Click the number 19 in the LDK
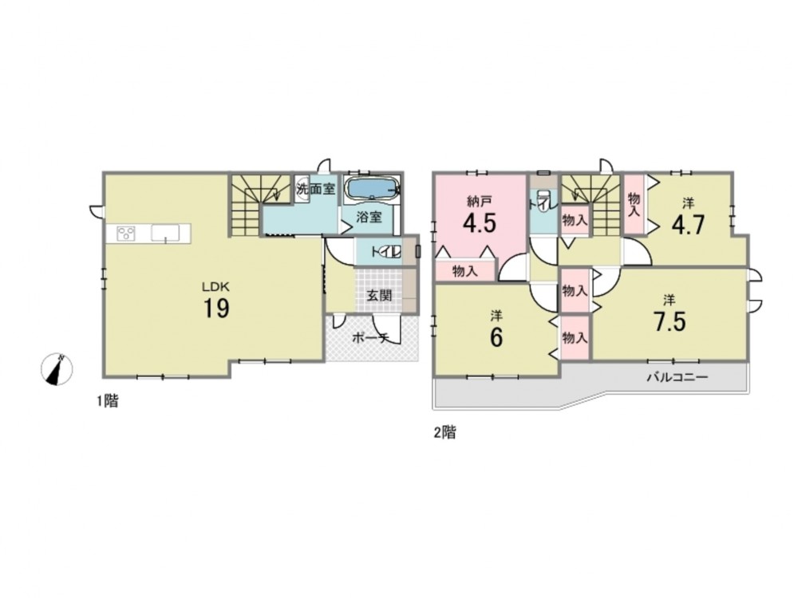pos(216,308)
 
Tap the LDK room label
pos(216,287)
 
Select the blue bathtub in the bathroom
pos(373,189)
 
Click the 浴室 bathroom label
pos(369,217)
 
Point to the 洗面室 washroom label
pos(316,189)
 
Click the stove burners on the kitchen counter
pos(126,234)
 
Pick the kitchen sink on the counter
pos(165,234)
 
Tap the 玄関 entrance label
pos(380,295)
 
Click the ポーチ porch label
pos(370,338)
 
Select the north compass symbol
pos(57,368)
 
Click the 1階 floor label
pos(108,401)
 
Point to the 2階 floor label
pos(444,433)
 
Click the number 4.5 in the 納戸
pos(479,222)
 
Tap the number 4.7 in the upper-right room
pos(688,224)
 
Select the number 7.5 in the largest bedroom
pos(670,321)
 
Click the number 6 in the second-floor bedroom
pos(496,337)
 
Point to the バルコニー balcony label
pos(678,377)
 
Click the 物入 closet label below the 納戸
pos(465,272)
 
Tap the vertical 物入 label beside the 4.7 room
pos(634,204)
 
